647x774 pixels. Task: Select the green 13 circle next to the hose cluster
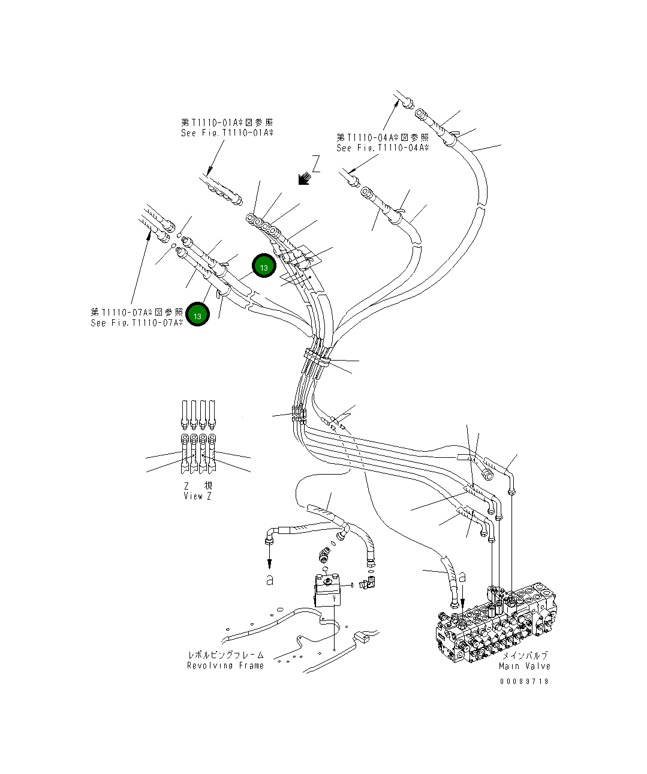point(264,266)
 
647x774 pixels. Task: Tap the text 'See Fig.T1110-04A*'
point(383,148)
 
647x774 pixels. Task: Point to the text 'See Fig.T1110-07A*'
point(137,323)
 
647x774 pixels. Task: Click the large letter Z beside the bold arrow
point(315,164)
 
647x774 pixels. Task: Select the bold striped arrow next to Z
point(303,178)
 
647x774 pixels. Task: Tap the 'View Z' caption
point(197,496)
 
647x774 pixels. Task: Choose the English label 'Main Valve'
point(524,666)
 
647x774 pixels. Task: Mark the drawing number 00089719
point(524,682)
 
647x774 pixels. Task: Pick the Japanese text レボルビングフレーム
point(225,655)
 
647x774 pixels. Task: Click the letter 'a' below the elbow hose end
point(270,580)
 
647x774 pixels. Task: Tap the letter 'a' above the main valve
point(462,577)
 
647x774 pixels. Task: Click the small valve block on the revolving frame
point(327,589)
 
